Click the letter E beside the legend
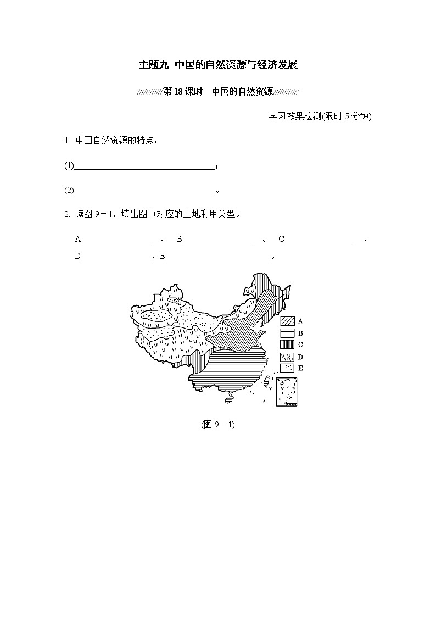301,368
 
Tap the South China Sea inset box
287,391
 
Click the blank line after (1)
144,165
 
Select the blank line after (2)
144,191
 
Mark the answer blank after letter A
116,239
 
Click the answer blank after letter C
320,239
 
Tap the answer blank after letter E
217,256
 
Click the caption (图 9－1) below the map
218,425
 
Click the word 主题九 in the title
154,65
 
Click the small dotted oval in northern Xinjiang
174,299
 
